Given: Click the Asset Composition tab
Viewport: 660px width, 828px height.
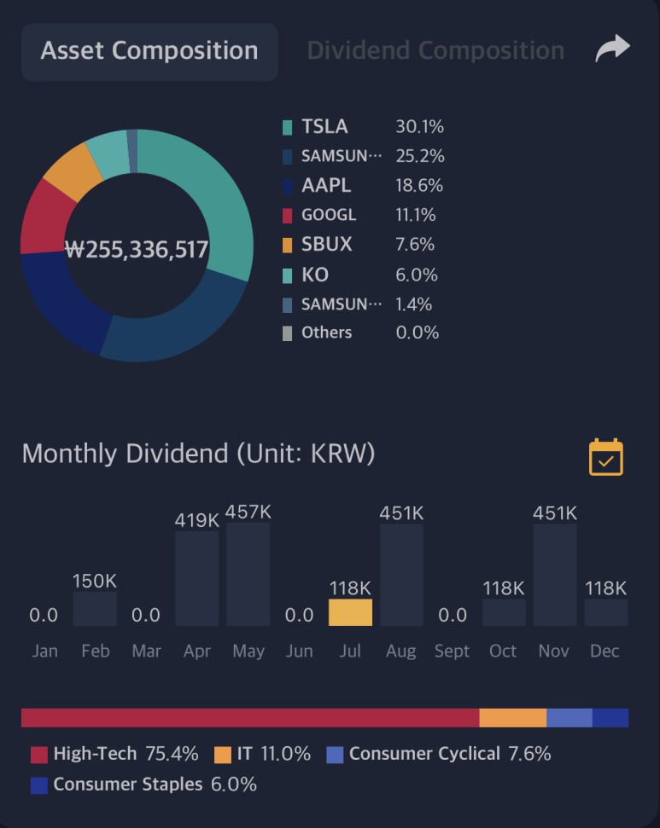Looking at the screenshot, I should tap(149, 51).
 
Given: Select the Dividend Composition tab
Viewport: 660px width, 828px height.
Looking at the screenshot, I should tap(435, 51).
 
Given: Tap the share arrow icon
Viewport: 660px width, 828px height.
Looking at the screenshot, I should tap(612, 49).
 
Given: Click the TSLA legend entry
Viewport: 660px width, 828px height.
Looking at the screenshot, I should tap(324, 127).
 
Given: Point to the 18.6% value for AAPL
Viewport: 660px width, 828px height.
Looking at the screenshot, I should tap(419, 186).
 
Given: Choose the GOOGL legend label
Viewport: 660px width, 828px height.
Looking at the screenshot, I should tap(329, 215).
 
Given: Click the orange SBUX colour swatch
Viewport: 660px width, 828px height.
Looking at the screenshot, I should tap(288, 245).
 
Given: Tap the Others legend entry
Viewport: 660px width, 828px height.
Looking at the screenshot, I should tap(326, 333).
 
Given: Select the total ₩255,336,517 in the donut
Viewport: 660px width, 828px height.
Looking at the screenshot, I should tap(137, 250).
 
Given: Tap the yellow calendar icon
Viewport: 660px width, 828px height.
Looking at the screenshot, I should tap(606, 457).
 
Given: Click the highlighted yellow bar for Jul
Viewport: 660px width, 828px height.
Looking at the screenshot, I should tap(350, 612).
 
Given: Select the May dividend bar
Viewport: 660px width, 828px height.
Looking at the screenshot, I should tap(248, 574).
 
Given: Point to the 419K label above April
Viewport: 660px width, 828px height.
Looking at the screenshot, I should tap(197, 519).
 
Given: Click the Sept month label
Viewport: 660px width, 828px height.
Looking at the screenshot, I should tap(452, 651).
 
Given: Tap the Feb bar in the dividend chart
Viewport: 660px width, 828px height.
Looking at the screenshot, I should tap(95, 609).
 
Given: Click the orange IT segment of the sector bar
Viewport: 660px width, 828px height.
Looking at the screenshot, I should tap(512, 718).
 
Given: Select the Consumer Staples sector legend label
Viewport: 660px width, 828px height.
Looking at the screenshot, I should tap(128, 785).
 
